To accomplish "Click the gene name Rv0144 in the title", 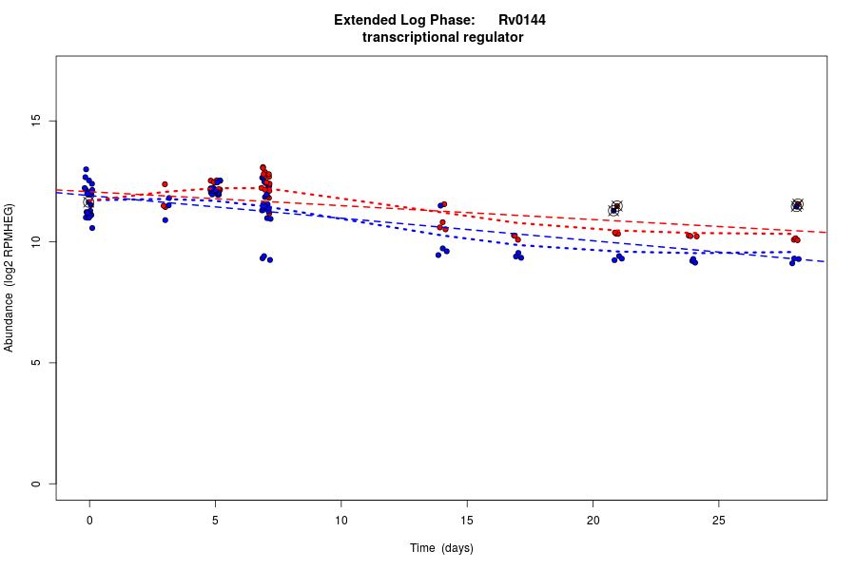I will point(521,20).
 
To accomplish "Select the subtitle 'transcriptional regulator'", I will point(443,38).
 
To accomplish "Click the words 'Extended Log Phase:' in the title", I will point(404,20).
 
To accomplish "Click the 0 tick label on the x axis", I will point(89,520).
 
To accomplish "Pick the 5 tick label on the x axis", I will point(215,520).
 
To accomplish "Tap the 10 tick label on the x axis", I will point(340,520).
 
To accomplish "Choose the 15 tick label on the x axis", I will point(467,520).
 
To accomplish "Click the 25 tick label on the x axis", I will point(718,520).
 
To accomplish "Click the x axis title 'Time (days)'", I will point(441,548).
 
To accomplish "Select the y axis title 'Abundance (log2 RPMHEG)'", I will point(10,277).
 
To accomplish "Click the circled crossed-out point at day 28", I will point(797,205).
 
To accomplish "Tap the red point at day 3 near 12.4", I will point(165,184).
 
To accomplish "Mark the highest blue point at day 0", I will point(86,169).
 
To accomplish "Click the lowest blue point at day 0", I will point(92,228).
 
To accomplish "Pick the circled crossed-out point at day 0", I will point(88,201).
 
